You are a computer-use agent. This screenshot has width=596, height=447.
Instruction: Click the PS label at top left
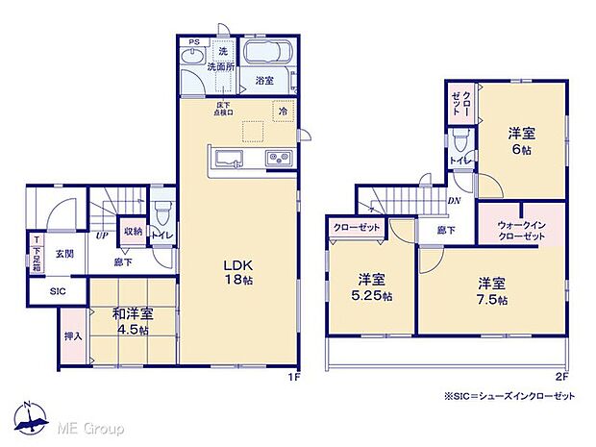193,42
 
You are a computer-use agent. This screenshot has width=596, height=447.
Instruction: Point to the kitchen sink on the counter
228,159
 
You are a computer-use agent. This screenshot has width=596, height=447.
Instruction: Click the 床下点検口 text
224,110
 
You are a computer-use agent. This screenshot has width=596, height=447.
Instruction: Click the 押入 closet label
71,336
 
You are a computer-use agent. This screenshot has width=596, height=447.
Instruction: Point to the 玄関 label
63,254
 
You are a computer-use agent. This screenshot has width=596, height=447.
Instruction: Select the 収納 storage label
134,232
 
